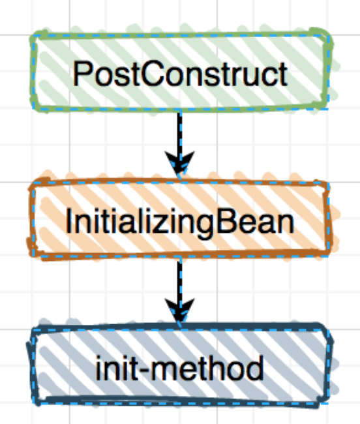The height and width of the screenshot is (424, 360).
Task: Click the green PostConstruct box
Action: point(180,72)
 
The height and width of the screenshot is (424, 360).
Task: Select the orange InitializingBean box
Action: point(180,219)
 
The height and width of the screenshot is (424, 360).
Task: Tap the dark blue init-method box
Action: point(180,365)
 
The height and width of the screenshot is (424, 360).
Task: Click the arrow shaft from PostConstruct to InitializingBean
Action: point(180,135)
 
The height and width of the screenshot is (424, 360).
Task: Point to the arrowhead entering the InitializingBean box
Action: point(180,164)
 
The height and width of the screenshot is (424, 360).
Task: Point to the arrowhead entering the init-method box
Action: point(180,311)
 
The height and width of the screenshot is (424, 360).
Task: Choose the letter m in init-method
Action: point(166,371)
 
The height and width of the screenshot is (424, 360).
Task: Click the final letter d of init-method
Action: point(255,368)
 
